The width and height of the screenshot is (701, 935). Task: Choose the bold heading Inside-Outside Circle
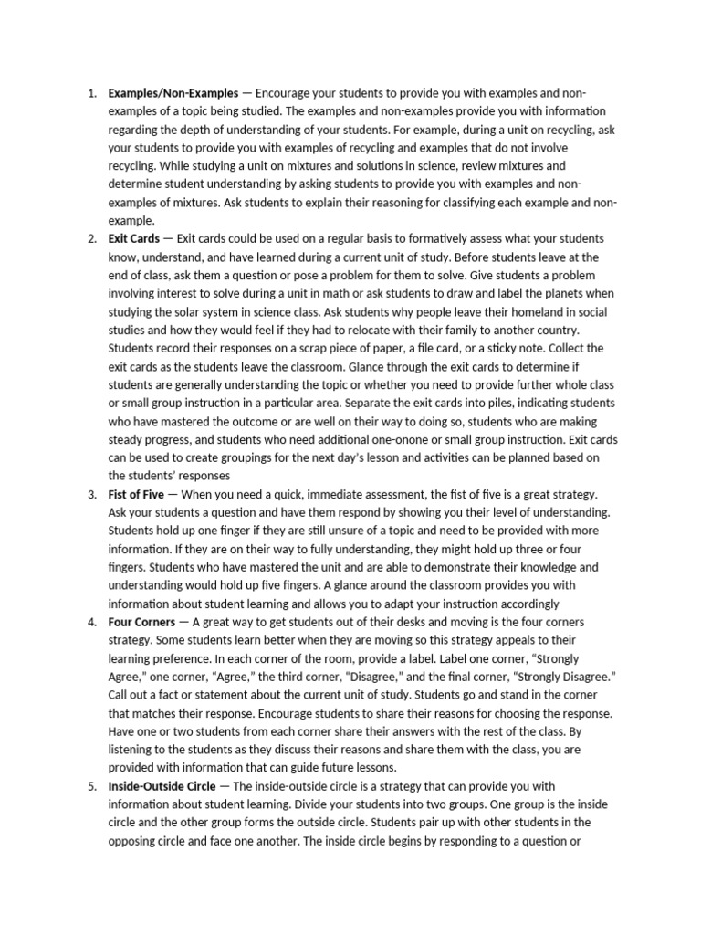click(x=162, y=786)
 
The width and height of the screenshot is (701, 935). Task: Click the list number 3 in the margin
click(x=92, y=494)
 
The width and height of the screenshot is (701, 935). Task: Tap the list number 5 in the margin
click(x=92, y=786)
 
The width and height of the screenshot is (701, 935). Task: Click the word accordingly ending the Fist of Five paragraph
click(x=518, y=604)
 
